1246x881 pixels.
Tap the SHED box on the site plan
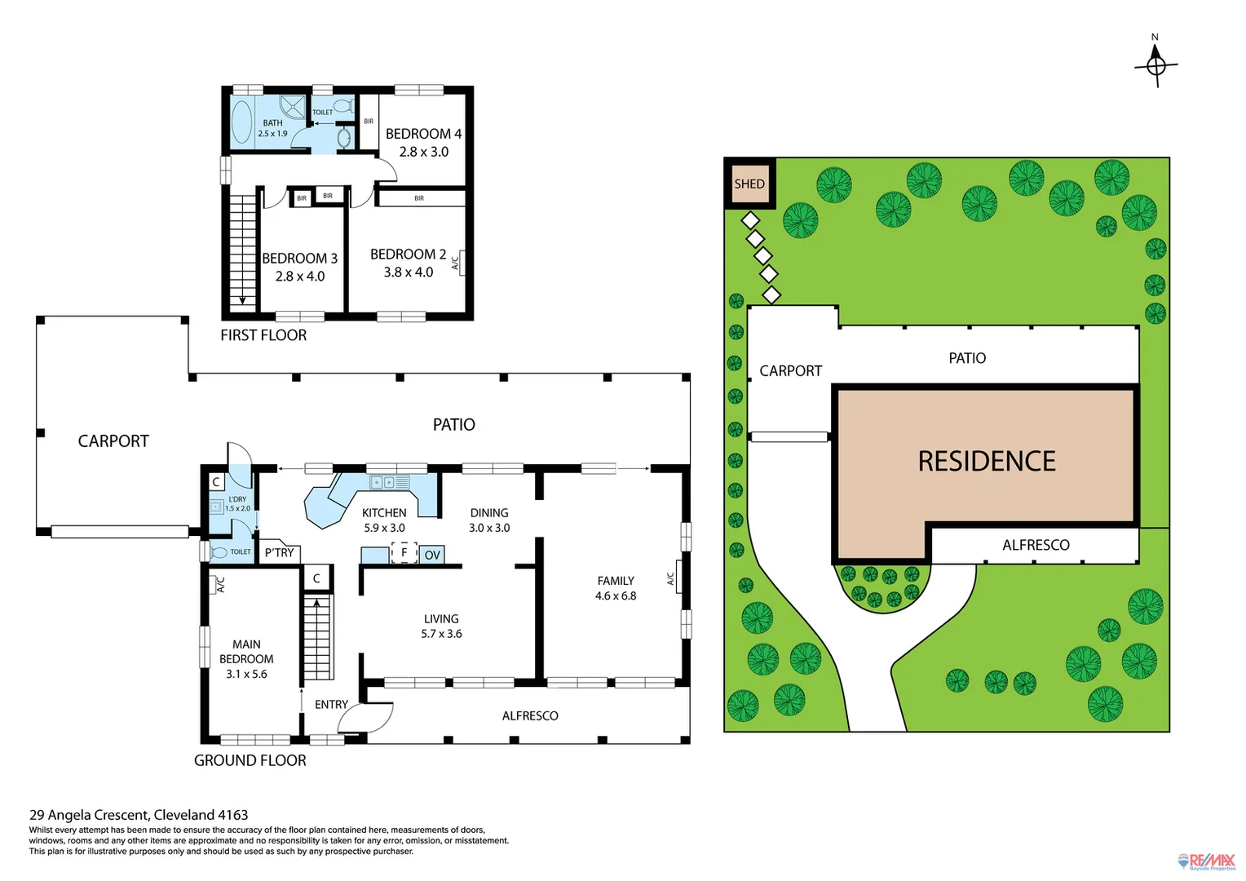point(749,184)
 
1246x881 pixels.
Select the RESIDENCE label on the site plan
point(986,462)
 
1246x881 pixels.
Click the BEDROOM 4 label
point(423,134)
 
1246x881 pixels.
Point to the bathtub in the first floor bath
point(242,122)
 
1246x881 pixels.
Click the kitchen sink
point(389,482)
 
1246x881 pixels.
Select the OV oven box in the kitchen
point(432,555)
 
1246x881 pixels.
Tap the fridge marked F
point(404,553)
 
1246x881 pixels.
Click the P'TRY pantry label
point(279,553)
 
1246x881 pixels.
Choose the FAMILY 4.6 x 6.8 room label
point(616,588)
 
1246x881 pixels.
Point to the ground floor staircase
point(317,637)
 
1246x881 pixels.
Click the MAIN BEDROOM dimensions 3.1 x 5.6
point(246,674)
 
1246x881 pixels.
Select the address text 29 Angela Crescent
point(139,814)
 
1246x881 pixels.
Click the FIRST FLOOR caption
point(263,335)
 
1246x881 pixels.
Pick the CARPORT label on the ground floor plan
point(113,441)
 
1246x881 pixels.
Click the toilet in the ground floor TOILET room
point(219,552)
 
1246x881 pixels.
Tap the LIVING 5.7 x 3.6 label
point(441,626)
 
